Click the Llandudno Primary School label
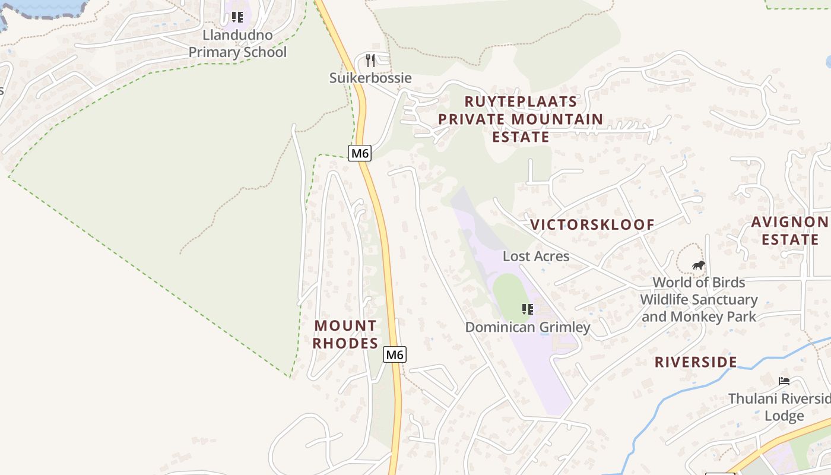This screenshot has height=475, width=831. pos(237,43)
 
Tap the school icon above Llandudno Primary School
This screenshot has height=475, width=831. pos(237,17)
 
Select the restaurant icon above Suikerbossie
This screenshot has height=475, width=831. pos(371,60)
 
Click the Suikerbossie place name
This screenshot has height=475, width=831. pos(370,78)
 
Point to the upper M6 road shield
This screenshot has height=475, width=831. pos(360,153)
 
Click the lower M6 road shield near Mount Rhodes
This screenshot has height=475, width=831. pos(395,354)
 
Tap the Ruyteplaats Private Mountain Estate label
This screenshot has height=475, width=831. pos(521,119)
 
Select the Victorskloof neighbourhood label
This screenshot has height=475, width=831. pos(592,224)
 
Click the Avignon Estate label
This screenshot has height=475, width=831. pos(789,231)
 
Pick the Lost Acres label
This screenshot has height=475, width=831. pos(536,256)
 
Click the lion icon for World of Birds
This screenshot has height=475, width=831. pos(699,265)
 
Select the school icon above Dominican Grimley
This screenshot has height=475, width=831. pos(527,309)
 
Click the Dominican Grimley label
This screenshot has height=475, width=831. pos(527,327)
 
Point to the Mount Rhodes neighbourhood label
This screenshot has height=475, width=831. pos(345,334)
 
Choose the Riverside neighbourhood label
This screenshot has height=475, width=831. pos(696,362)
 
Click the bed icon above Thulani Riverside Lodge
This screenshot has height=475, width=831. pos(784,381)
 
